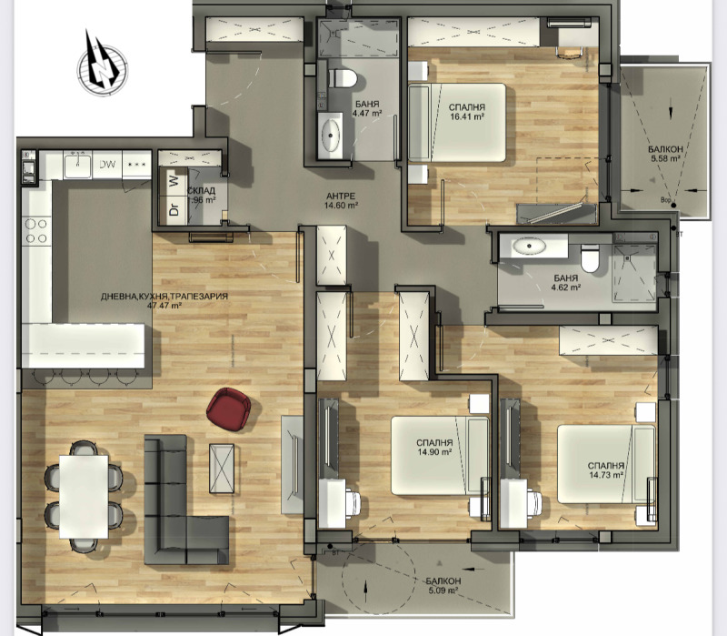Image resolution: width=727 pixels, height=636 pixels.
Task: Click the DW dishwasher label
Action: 107,165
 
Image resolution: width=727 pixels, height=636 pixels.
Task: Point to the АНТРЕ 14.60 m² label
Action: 342,201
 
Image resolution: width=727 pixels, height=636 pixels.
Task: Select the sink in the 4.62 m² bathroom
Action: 527,246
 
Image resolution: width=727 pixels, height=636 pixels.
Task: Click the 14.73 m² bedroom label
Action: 605,469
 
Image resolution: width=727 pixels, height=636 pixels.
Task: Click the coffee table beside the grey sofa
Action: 222,466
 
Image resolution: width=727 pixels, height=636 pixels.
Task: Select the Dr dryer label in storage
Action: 173,209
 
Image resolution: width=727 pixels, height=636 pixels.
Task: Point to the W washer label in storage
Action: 173,181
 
